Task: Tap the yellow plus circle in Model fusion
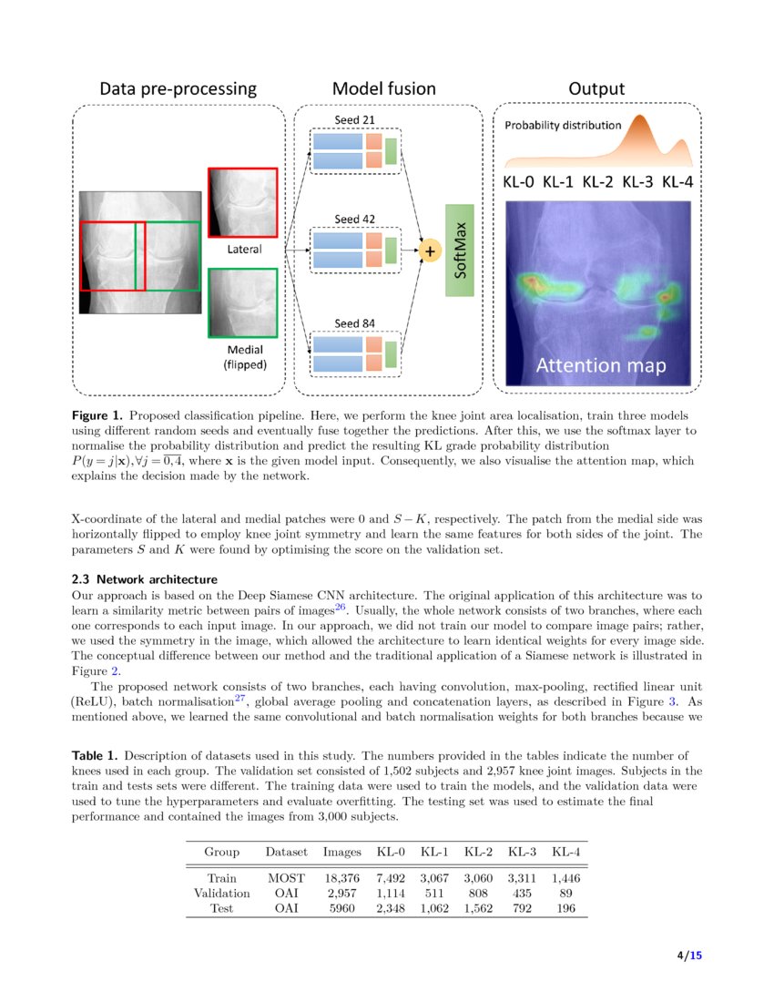pos(430,249)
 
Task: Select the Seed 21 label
pos(354,119)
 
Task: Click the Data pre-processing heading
pos(178,88)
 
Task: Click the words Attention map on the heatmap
pos(600,366)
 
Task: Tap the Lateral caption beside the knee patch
pos(243,249)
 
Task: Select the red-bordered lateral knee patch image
pos(242,201)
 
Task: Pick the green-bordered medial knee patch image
pos(242,302)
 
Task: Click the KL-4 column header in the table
pos(565,853)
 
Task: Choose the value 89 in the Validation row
pos(565,894)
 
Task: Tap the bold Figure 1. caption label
pos(97,414)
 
